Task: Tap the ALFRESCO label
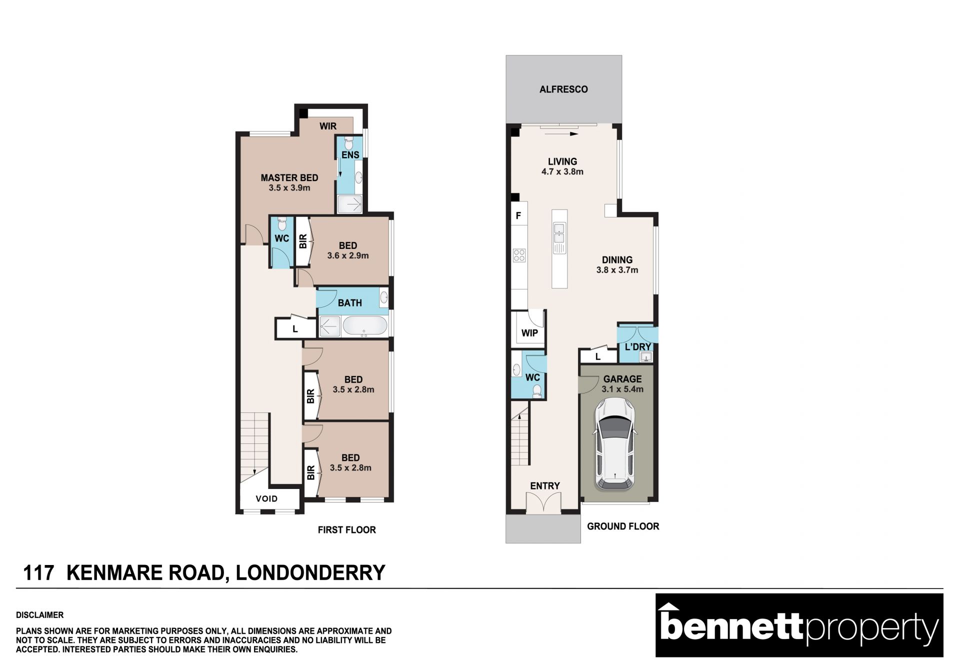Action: click(563, 89)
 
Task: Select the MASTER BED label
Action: click(289, 177)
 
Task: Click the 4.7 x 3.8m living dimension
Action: click(562, 171)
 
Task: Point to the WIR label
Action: click(328, 126)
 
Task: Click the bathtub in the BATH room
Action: click(365, 326)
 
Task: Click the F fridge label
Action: click(518, 216)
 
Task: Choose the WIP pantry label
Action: click(529, 333)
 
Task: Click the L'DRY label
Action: click(638, 346)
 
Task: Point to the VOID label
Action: click(266, 498)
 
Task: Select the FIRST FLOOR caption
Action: click(347, 530)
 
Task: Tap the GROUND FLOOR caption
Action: click(623, 526)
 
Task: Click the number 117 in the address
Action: click(38, 573)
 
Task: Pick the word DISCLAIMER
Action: click(40, 615)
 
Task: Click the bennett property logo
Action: click(799, 625)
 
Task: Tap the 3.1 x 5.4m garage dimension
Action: click(622, 389)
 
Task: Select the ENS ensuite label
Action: click(350, 155)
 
